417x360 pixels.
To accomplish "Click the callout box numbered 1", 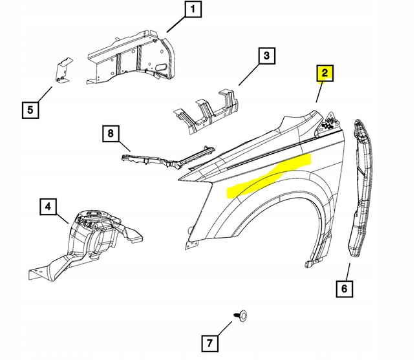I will [192, 11].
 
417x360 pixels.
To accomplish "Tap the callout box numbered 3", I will [264, 57].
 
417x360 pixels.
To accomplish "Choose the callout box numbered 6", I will [345, 288].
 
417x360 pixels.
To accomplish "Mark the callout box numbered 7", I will [209, 343].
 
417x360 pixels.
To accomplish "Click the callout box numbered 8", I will [111, 134].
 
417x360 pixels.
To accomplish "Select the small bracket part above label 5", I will [63, 71].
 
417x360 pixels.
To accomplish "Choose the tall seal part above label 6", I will [362, 187].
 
